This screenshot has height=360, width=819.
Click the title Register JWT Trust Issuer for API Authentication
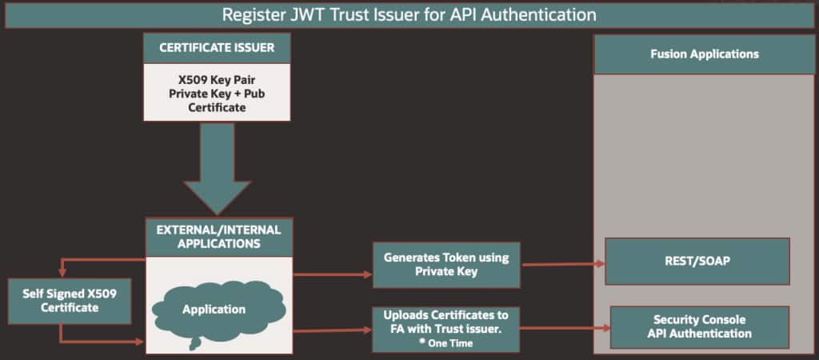pos(409,14)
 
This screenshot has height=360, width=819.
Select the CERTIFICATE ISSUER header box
pos(216,48)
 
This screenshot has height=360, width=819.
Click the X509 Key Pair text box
pos(216,91)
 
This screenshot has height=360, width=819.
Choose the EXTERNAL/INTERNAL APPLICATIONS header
pos(218,236)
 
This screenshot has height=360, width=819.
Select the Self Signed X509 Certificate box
pos(69,301)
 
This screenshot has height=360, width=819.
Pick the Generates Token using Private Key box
pos(445,264)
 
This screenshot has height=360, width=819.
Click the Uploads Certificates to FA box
pos(445,328)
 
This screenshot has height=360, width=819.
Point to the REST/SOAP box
pos(697,261)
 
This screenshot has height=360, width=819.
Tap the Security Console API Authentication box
pos(699,327)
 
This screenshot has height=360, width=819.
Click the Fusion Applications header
pos(704,54)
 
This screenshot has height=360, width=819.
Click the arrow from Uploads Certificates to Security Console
pos(564,327)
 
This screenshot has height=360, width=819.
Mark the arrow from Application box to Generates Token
pos(332,274)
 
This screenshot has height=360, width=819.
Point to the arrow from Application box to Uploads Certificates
pos(332,330)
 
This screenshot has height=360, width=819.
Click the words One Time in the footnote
pos(451,343)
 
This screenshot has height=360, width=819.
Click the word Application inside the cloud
pos(213,309)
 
